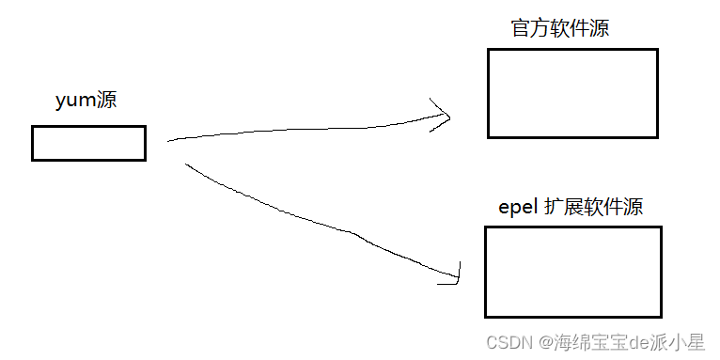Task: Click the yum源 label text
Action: pyautogui.click(x=86, y=101)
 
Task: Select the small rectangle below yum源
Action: pyautogui.click(x=88, y=143)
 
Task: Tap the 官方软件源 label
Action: pyautogui.click(x=560, y=28)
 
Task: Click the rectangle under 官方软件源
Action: pyautogui.click(x=571, y=93)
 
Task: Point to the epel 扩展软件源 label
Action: pyautogui.click(x=571, y=207)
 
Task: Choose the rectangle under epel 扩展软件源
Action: pyautogui.click(x=572, y=272)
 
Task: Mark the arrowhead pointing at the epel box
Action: pyautogui.click(x=453, y=274)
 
